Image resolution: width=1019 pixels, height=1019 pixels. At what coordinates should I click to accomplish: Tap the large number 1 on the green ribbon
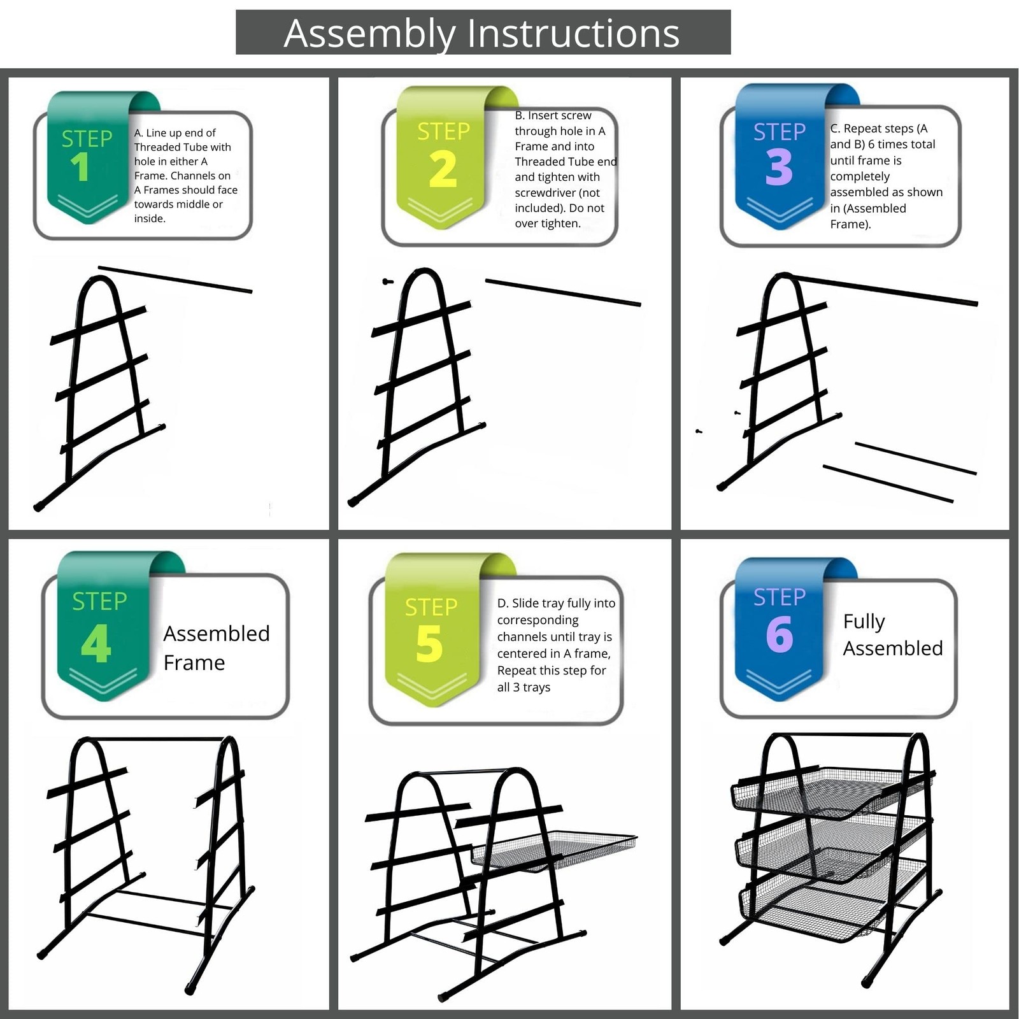click(x=80, y=167)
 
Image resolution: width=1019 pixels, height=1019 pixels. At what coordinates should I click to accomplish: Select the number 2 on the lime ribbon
click(x=443, y=169)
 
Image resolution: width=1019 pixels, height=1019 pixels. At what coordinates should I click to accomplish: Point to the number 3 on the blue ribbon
click(x=779, y=167)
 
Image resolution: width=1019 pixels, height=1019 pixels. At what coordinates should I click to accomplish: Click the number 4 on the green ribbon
click(x=96, y=643)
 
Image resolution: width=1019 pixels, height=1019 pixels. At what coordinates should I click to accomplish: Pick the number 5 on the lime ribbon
click(x=429, y=644)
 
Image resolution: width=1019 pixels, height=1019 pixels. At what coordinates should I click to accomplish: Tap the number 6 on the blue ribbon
click(x=780, y=634)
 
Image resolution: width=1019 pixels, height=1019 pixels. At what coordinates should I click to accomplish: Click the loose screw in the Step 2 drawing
click(x=387, y=281)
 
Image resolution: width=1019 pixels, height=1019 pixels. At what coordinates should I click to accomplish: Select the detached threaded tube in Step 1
click(x=175, y=280)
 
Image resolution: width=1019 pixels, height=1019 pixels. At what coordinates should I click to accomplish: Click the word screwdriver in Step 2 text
click(x=557, y=192)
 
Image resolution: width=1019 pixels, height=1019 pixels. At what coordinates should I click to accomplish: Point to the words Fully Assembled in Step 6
click(x=892, y=634)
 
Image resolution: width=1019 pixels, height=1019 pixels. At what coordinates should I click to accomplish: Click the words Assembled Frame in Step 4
click(x=216, y=648)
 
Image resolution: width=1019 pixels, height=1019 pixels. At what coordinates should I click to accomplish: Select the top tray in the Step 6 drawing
click(x=828, y=793)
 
